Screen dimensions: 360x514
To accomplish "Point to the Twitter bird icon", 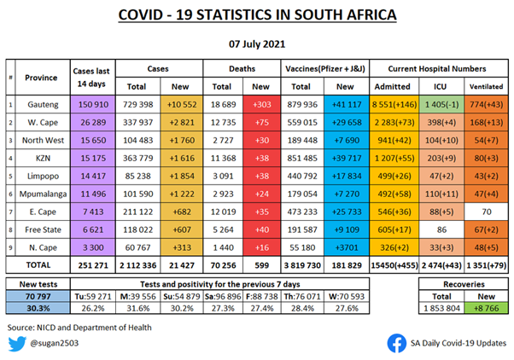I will (x=18, y=343).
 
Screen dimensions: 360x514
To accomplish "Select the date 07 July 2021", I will (x=257, y=42).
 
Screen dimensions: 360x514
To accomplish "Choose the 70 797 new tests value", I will (x=39, y=296).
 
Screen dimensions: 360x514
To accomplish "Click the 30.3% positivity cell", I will (x=39, y=310).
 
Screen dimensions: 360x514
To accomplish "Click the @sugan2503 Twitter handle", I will (x=57, y=344).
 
